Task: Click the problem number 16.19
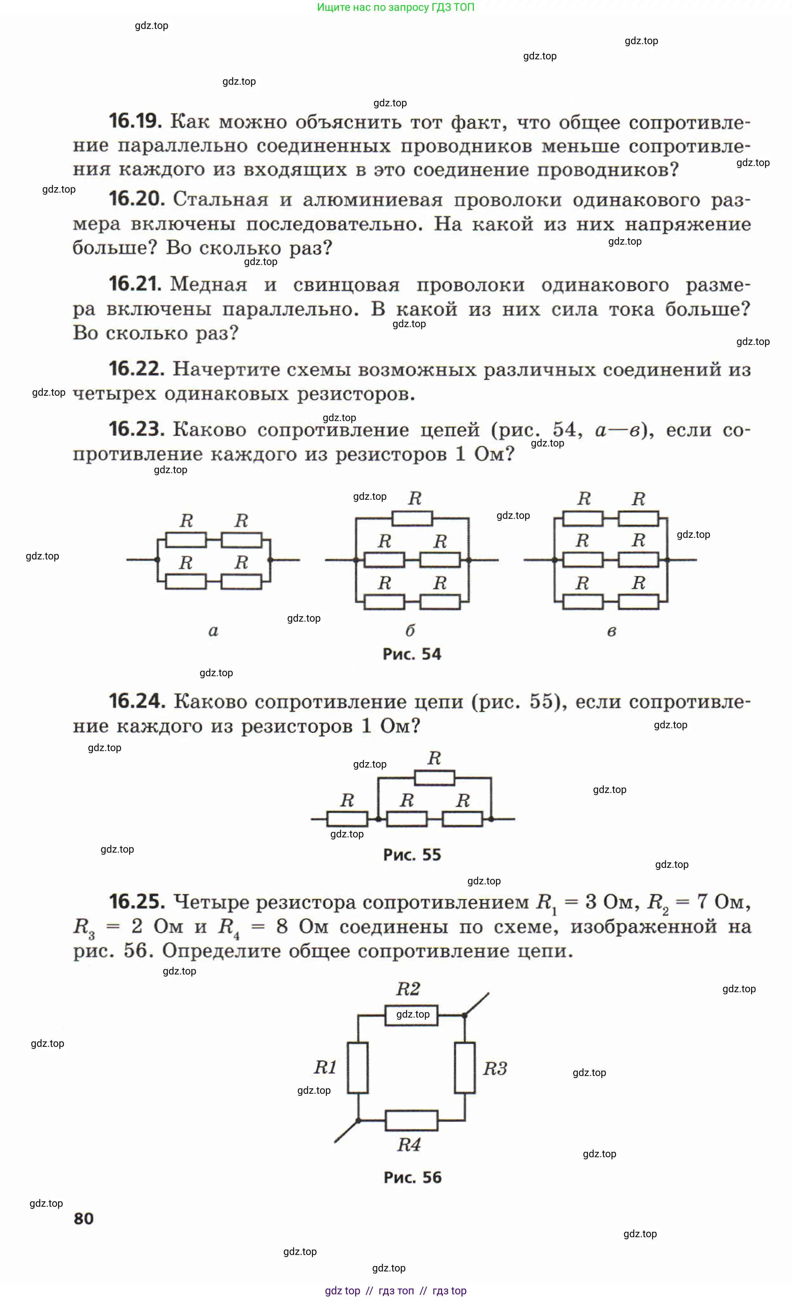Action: click(135, 121)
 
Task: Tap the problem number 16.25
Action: click(137, 901)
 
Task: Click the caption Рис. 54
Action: click(412, 654)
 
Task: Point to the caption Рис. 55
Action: click(412, 855)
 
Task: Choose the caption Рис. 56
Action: click(412, 1177)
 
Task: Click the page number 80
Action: click(83, 1219)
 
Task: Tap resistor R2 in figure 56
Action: click(412, 1014)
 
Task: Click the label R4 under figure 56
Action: click(409, 1145)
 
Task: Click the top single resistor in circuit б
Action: click(412, 518)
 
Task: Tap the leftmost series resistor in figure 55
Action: click(347, 819)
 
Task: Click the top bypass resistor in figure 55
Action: click(434, 778)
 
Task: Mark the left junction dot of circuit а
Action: click(157, 559)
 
